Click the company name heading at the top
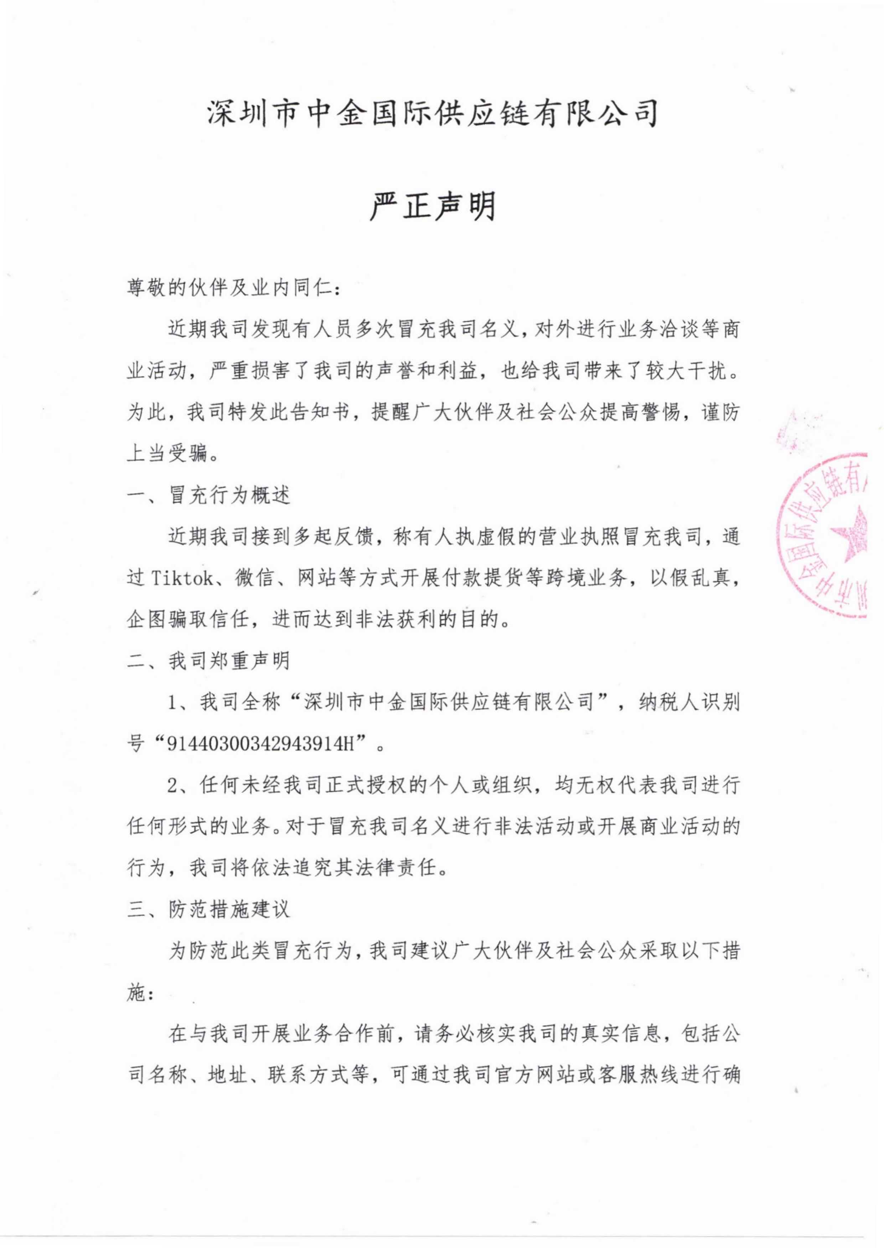[x=433, y=113]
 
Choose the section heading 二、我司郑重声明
[x=209, y=661]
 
